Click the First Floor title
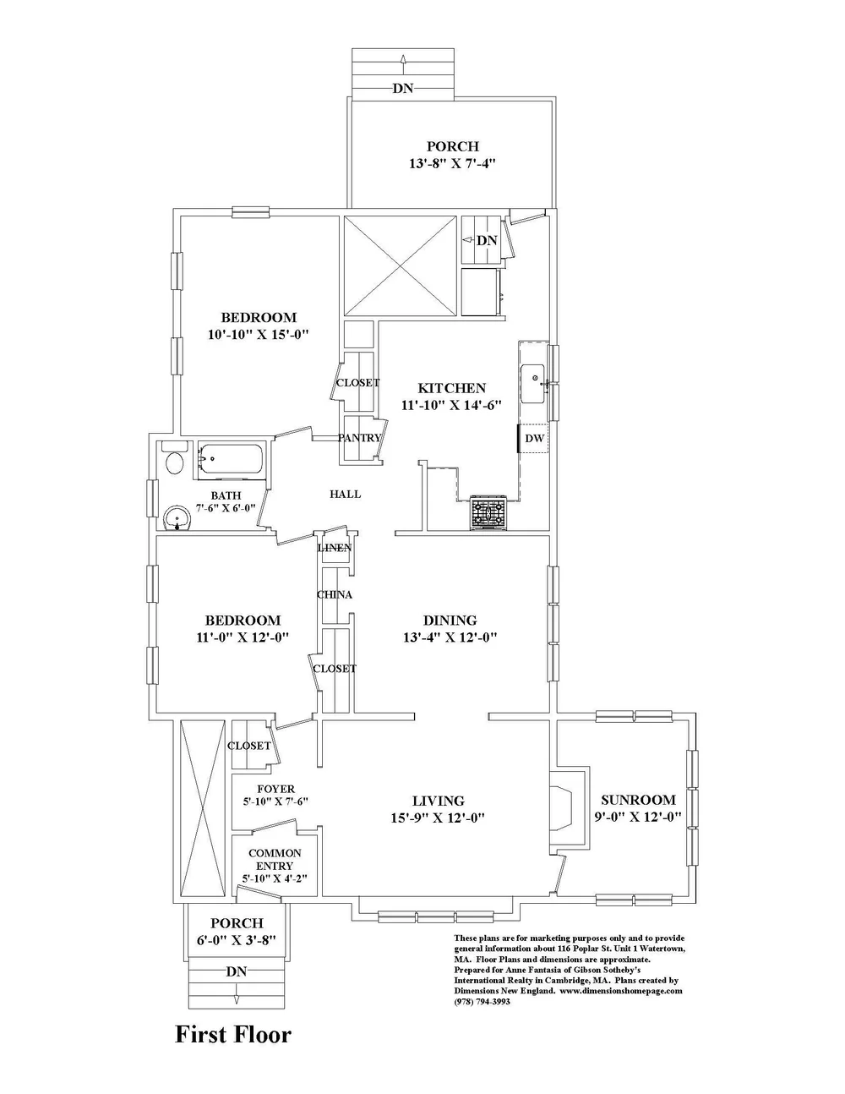[232, 1034]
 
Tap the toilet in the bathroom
[175, 462]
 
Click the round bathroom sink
[176, 517]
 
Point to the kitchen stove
[488, 512]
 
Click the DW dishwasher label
[534, 438]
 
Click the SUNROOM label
[638, 800]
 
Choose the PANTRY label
[360, 438]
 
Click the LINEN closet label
[335, 549]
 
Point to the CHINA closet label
[335, 595]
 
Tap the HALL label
[345, 495]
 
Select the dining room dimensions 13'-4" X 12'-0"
[450, 637]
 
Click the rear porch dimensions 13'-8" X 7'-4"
[452, 163]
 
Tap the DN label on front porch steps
[237, 972]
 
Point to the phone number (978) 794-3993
[482, 1001]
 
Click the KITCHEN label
[452, 388]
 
